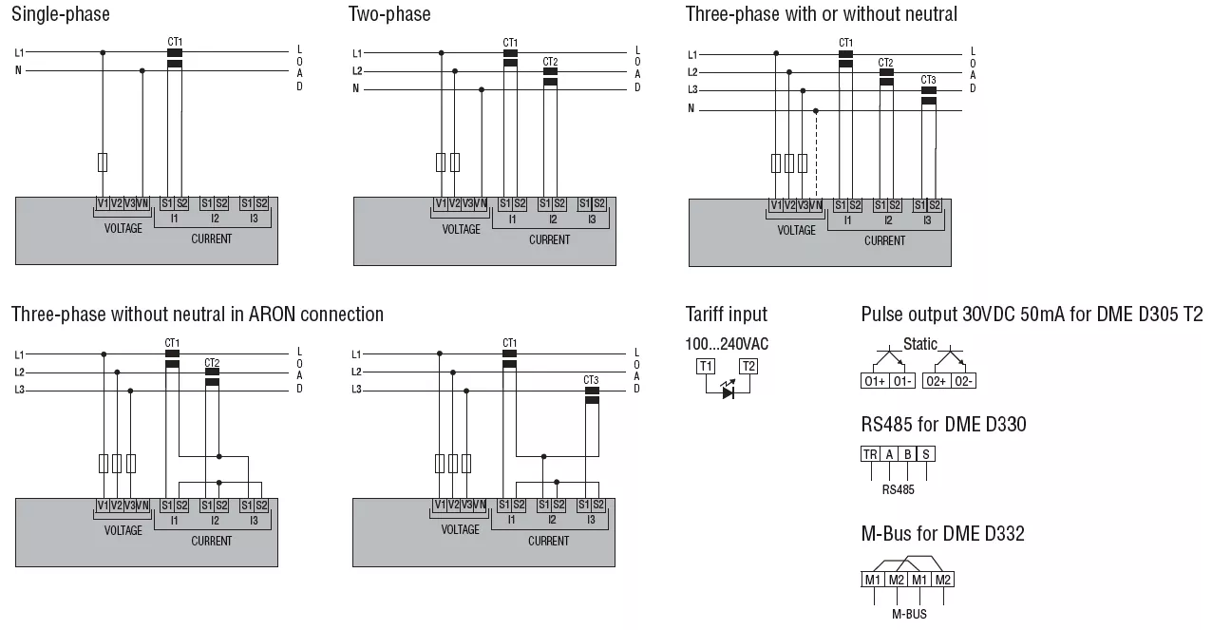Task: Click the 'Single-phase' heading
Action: click(x=60, y=14)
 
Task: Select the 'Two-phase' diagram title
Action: click(x=389, y=14)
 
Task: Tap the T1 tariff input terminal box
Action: click(x=706, y=366)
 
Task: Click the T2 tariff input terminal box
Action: click(x=748, y=366)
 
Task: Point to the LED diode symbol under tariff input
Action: click(x=729, y=391)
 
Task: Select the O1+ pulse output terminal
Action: click(x=874, y=381)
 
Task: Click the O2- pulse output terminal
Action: click(x=964, y=381)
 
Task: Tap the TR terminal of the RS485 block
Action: click(x=870, y=454)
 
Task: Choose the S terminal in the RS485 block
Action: click(x=926, y=454)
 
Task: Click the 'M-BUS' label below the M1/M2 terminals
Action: click(x=909, y=614)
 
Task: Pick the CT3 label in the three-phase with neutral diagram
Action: click(x=928, y=80)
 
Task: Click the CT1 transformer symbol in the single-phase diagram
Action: click(x=174, y=58)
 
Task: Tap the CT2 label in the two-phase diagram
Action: click(x=550, y=63)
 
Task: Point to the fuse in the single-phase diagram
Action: click(x=103, y=162)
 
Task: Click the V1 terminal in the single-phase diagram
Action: click(x=103, y=203)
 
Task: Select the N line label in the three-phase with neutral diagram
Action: click(x=691, y=109)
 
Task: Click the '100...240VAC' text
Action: click(x=727, y=344)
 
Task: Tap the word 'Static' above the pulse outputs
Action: click(x=919, y=344)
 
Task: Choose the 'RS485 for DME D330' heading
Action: click(x=943, y=425)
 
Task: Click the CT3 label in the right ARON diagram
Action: click(x=591, y=380)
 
